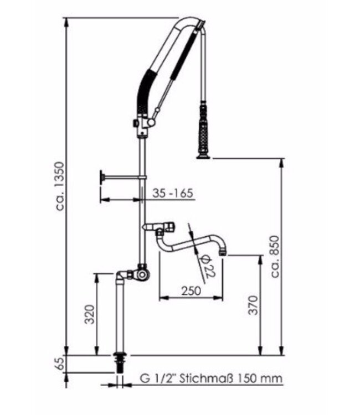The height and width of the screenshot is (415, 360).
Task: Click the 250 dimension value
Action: point(191,290)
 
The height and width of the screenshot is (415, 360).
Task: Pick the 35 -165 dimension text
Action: point(172,193)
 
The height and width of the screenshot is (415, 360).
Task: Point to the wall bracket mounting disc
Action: point(102,177)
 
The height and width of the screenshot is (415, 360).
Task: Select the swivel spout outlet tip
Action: point(223,251)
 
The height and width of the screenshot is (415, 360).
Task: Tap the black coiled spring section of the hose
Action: point(144,91)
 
